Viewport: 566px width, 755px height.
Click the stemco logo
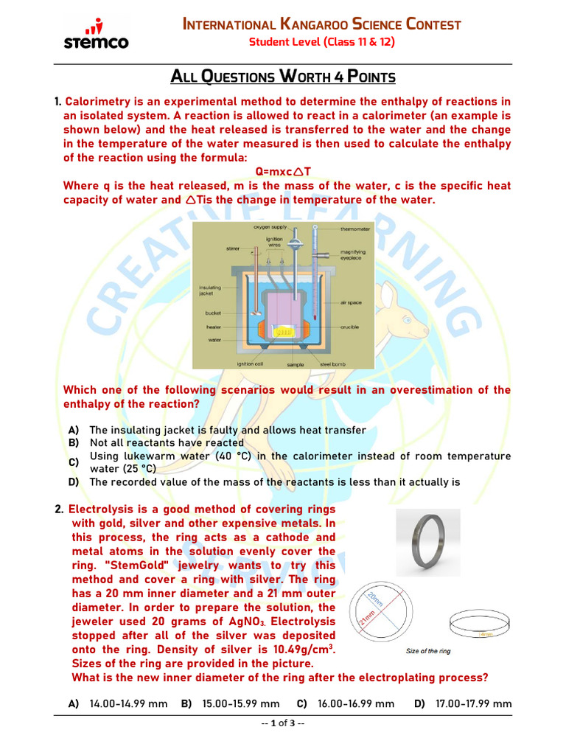95,35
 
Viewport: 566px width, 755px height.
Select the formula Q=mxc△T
282,172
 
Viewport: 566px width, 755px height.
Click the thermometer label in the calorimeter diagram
354,229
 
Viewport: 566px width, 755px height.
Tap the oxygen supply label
270,228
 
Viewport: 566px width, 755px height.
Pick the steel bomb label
328,363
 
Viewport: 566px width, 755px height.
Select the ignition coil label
245,363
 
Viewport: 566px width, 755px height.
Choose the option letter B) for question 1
74,443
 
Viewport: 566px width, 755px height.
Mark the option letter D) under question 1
74,482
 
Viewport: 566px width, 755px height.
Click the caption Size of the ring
428,651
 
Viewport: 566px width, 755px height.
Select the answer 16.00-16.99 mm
356,704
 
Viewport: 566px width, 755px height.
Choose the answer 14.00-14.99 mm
128,704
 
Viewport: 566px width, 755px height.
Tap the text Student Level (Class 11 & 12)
321,42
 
